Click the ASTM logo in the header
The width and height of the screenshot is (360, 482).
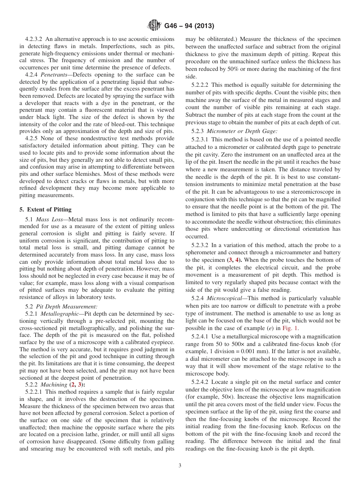pos(154,26)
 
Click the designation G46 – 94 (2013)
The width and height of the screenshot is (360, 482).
pos(189,26)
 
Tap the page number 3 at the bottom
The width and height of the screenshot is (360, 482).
pos(180,466)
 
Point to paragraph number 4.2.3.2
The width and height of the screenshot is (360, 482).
pos(34,39)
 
